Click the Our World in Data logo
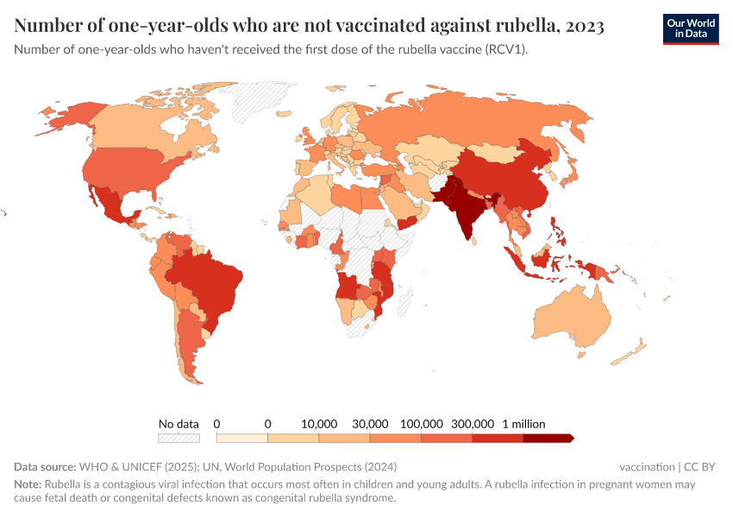(x=690, y=28)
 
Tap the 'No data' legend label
(x=179, y=424)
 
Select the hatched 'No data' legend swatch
(x=179, y=438)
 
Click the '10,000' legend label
(x=319, y=424)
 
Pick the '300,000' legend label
(x=472, y=424)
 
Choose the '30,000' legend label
(x=370, y=424)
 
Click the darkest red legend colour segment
(x=548, y=438)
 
